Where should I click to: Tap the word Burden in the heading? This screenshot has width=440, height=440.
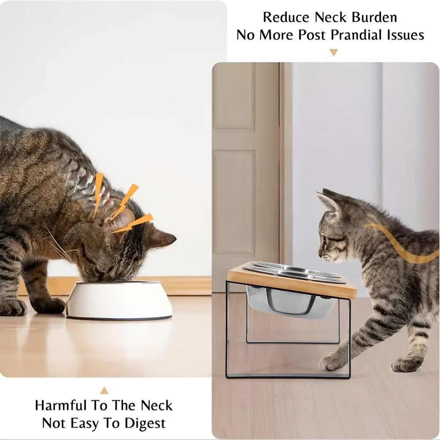pyautogui.click(x=375, y=17)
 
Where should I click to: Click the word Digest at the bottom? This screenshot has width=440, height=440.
pyautogui.click(x=143, y=423)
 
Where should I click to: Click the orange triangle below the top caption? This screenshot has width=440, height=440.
pyautogui.click(x=334, y=53)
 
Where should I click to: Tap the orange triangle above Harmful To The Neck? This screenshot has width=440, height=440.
pyautogui.click(x=104, y=390)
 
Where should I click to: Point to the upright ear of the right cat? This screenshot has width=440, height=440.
pyautogui.click(x=328, y=200)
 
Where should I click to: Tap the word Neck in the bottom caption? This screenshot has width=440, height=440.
pyautogui.click(x=157, y=405)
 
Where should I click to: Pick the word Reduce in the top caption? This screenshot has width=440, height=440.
pyautogui.click(x=286, y=17)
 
